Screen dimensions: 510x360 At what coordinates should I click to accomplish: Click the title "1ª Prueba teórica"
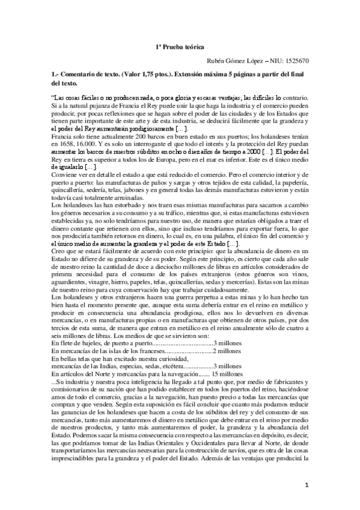(180, 46)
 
